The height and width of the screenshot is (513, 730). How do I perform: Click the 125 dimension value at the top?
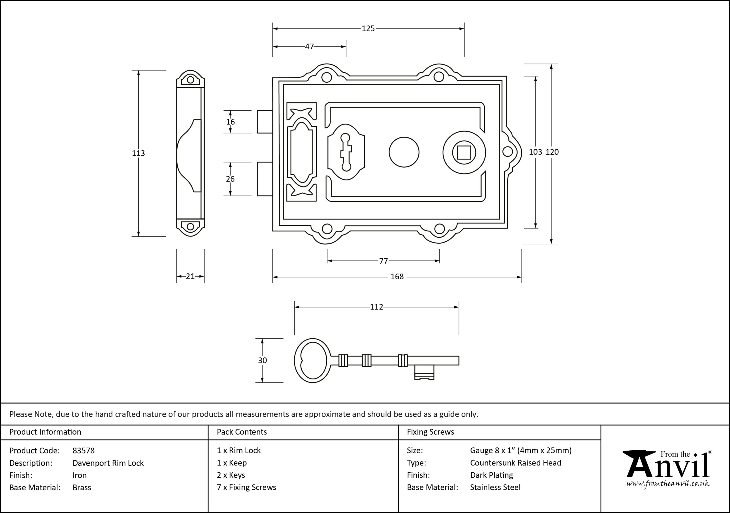[x=368, y=28]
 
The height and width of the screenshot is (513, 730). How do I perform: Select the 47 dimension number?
[x=309, y=47]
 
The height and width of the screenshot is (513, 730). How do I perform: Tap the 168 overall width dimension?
[x=397, y=277]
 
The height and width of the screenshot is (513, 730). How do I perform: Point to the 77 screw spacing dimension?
[x=384, y=261]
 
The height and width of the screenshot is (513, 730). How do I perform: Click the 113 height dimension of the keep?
[x=138, y=153]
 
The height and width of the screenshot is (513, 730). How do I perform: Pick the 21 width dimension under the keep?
[x=190, y=276]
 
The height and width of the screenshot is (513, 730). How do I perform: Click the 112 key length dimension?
[x=376, y=307]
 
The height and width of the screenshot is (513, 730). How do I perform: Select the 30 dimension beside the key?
[x=262, y=361]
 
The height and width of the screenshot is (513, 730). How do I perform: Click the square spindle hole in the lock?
[x=464, y=152]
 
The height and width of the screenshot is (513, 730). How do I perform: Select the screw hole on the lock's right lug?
[x=508, y=152]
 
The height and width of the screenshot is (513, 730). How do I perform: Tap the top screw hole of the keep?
[x=190, y=80]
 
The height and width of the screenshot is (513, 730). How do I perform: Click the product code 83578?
[x=84, y=450]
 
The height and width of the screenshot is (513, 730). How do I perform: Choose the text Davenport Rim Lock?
[x=108, y=463]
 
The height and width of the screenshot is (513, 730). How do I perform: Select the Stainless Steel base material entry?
[x=495, y=487]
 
